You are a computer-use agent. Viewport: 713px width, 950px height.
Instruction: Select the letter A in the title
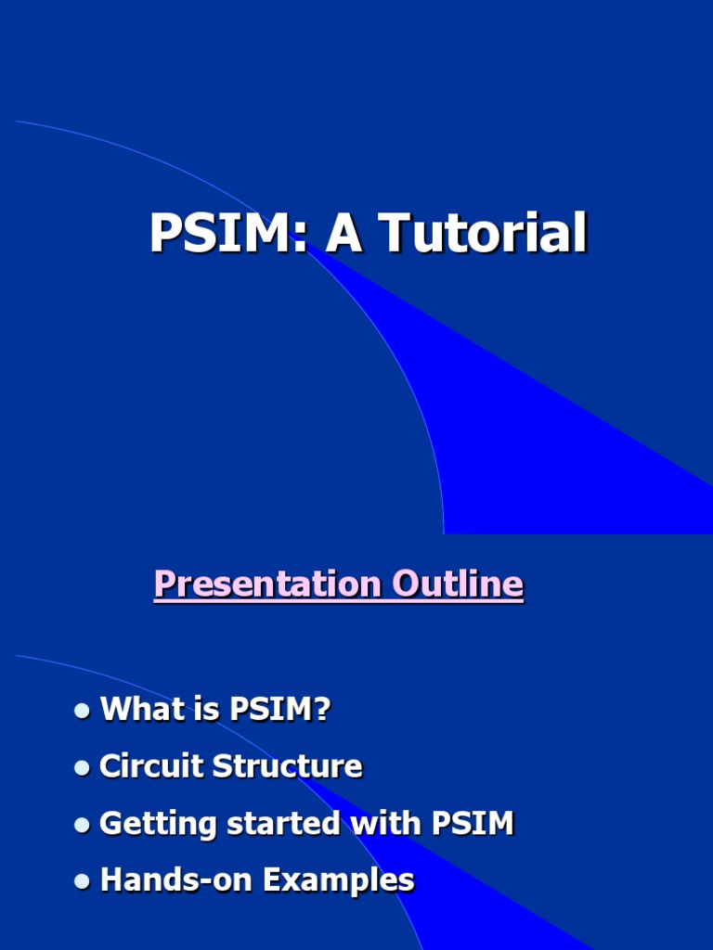[344, 234]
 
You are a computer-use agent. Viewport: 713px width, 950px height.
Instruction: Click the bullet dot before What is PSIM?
[83, 711]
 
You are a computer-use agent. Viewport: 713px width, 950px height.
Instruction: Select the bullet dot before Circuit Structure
[83, 768]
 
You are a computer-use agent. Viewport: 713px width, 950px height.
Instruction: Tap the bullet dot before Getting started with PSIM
[83, 825]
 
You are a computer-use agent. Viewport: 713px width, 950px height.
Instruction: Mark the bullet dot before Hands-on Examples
[83, 881]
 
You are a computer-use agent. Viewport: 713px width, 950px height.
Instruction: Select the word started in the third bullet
[266, 824]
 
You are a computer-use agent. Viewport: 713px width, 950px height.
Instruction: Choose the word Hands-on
[176, 880]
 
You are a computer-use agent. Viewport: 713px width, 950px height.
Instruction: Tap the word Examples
[338, 880]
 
